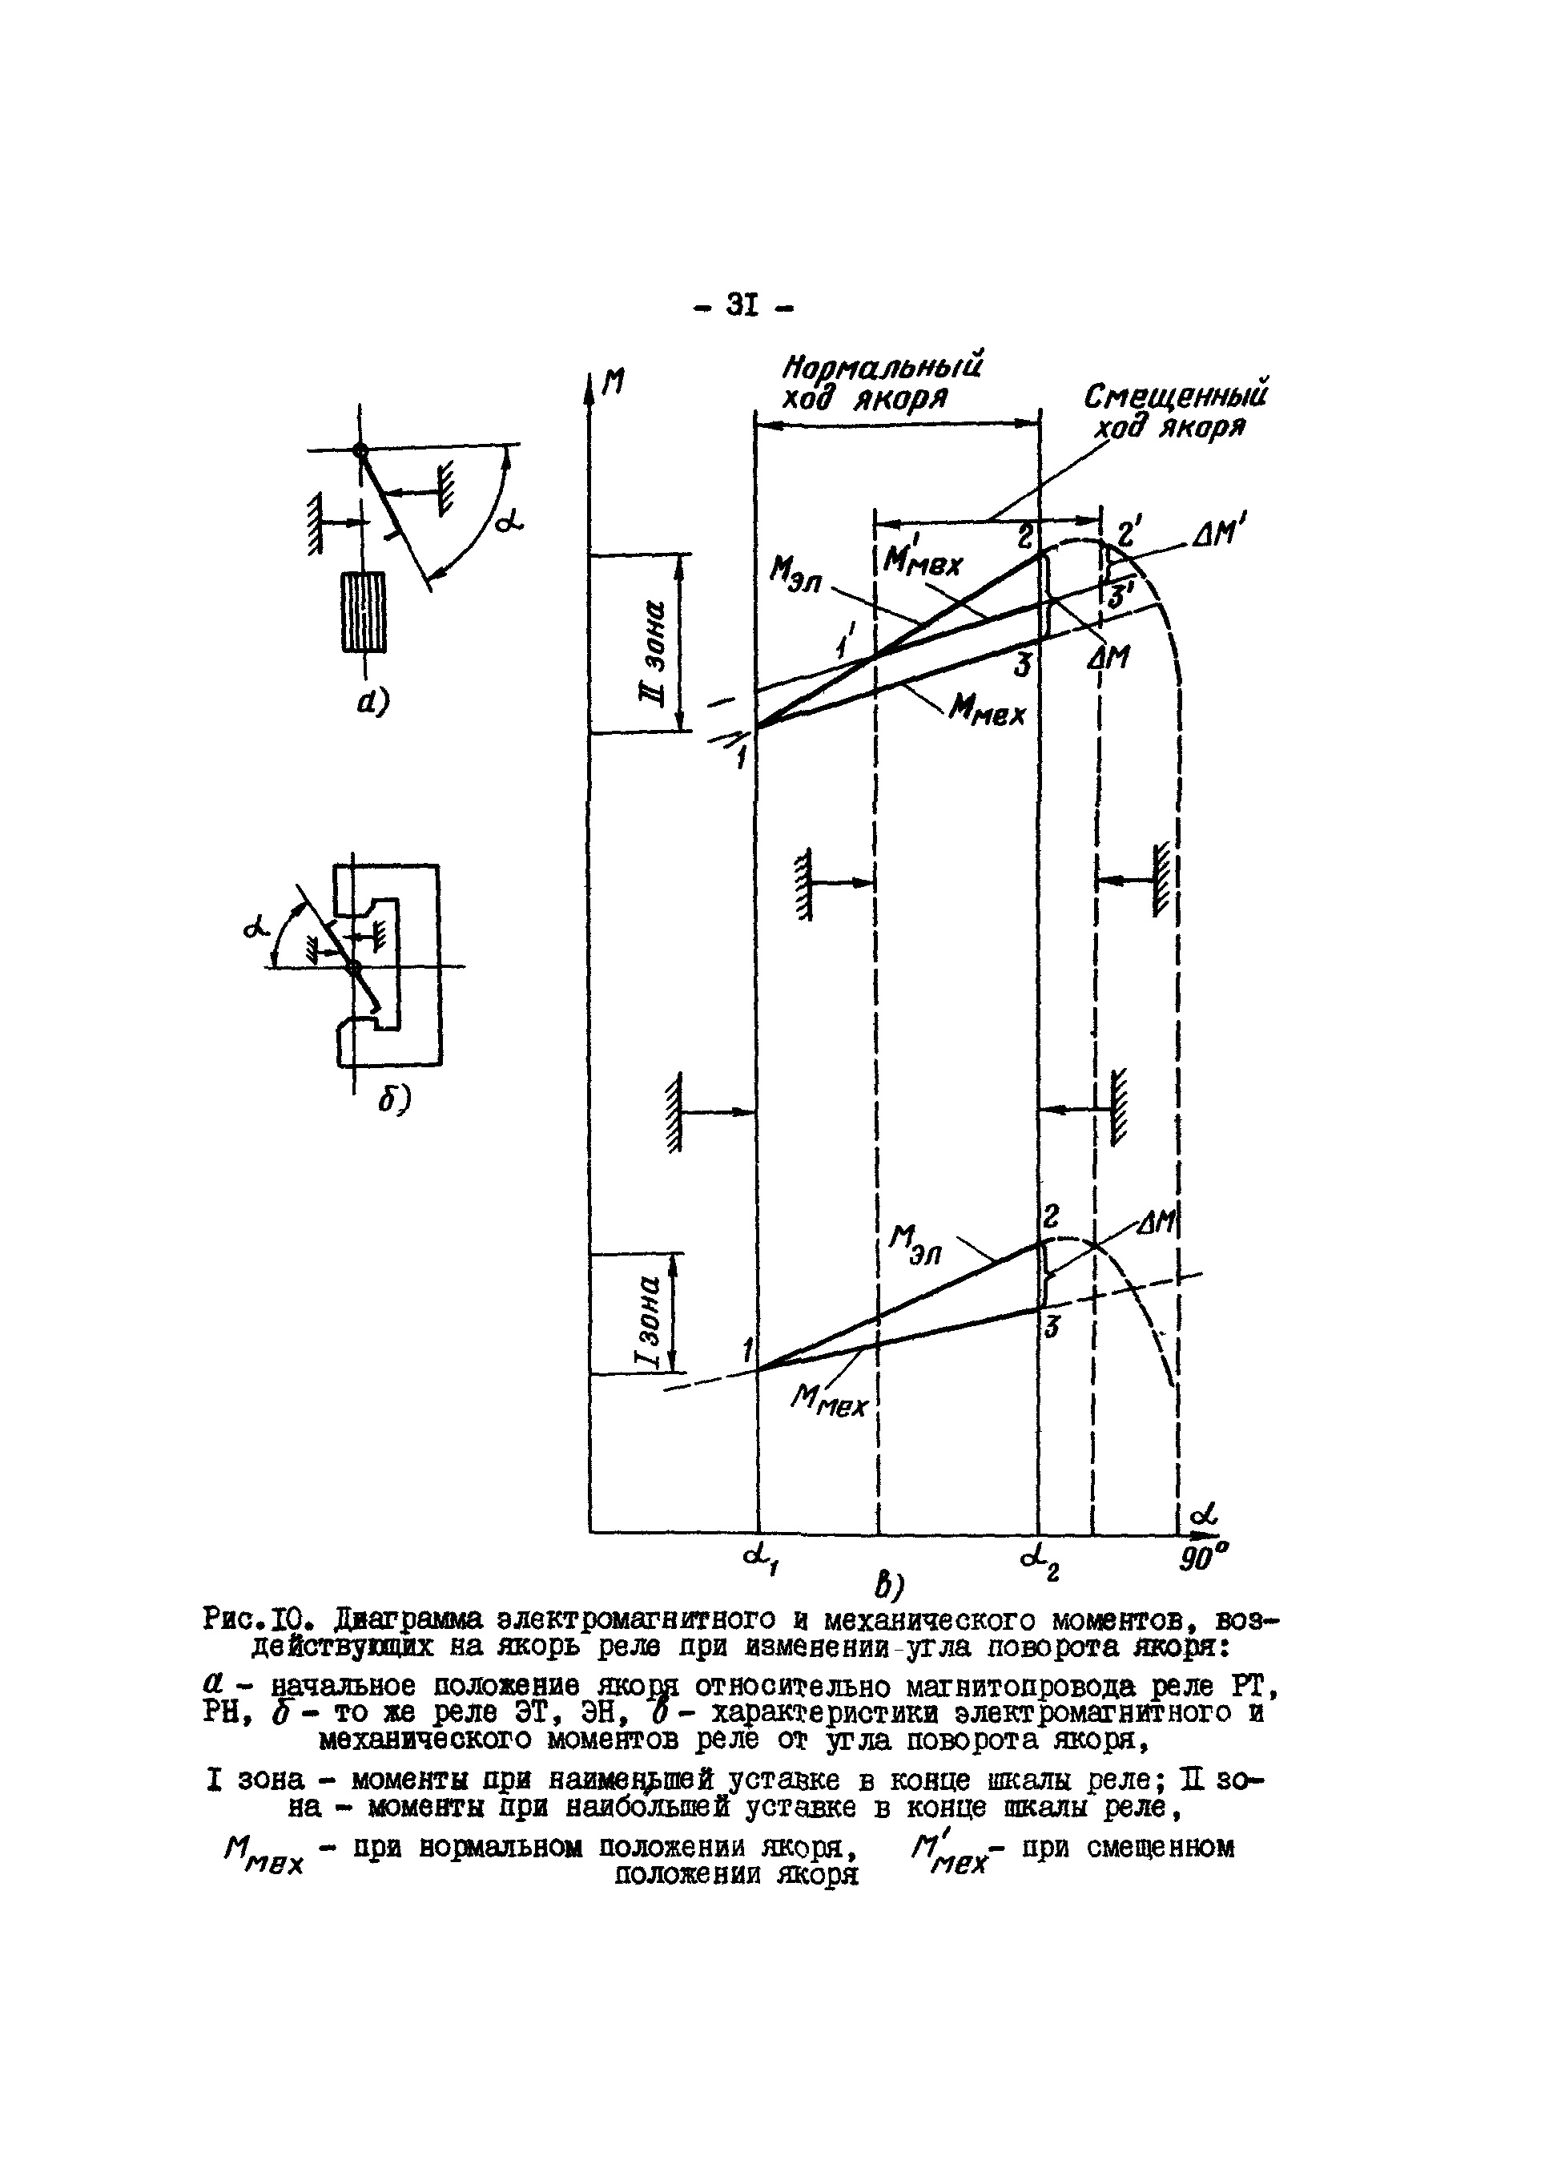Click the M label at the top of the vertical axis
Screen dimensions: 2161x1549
click(614, 382)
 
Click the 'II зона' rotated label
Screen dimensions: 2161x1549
click(652, 644)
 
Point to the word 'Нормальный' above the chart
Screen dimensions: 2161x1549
click(882, 368)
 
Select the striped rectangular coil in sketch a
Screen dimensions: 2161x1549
click(363, 611)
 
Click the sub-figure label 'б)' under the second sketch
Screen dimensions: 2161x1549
click(392, 1100)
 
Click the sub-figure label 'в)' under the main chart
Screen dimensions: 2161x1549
click(888, 1586)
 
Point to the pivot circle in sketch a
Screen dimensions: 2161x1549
click(360, 450)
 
